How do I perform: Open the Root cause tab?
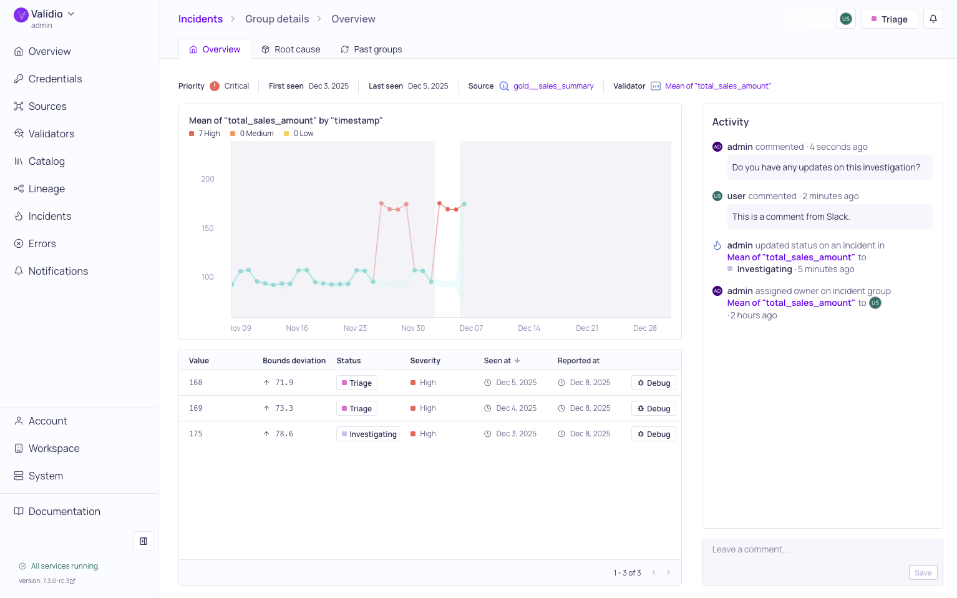pos(291,49)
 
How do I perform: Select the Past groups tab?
pos(371,49)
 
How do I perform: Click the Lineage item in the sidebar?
pos(46,189)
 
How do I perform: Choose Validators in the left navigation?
pos(51,134)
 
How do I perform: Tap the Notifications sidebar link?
pos(58,271)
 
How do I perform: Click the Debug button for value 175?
pos(654,434)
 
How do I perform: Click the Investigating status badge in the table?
pos(369,434)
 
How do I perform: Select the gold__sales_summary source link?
pos(553,86)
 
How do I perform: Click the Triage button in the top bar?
pos(889,19)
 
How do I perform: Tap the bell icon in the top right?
pos(933,19)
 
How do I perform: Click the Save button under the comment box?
pos(923,573)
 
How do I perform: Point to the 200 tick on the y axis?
pos(208,179)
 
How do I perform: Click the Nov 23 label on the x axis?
pos(355,328)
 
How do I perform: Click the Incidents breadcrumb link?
pos(200,19)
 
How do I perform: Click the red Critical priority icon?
pos(215,86)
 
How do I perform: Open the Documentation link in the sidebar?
pos(64,512)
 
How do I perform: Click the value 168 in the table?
pos(196,383)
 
